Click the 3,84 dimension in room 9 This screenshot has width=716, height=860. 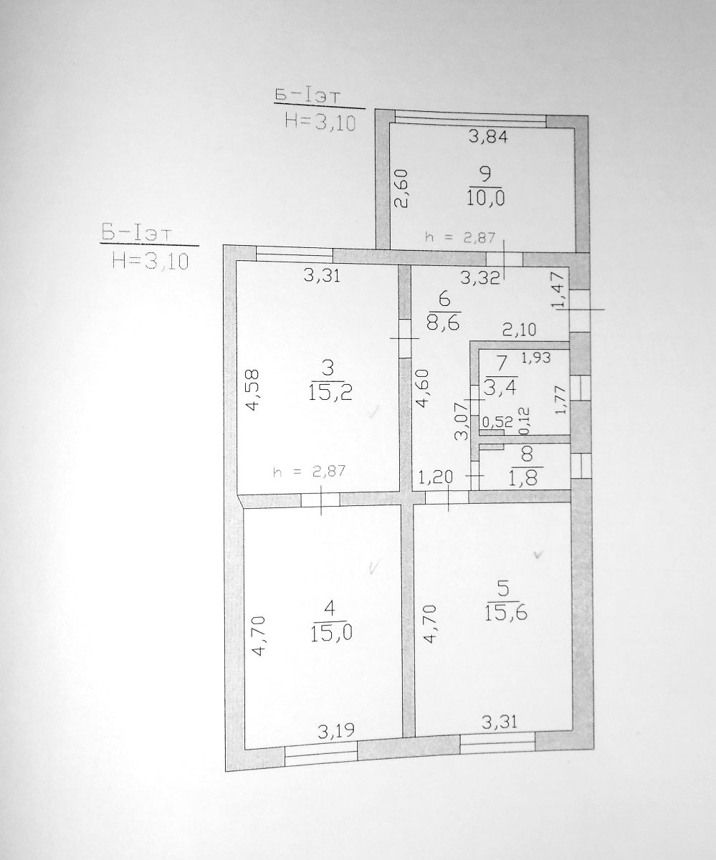coord(488,136)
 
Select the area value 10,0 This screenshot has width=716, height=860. coord(486,199)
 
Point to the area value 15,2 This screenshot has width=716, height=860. coord(330,393)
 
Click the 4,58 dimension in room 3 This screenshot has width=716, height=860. coord(252,390)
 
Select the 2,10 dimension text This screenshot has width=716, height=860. coord(519,330)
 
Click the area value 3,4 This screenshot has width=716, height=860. coord(500,388)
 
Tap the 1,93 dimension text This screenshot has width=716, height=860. coord(536,358)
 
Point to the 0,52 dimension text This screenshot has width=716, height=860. coord(497,422)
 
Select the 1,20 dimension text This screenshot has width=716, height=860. coord(436,477)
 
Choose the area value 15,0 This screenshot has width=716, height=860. coord(332,633)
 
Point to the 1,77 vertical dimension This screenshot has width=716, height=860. coord(560,399)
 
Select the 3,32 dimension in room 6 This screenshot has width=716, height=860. coord(480,278)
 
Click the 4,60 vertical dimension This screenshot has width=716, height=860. coord(423,388)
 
